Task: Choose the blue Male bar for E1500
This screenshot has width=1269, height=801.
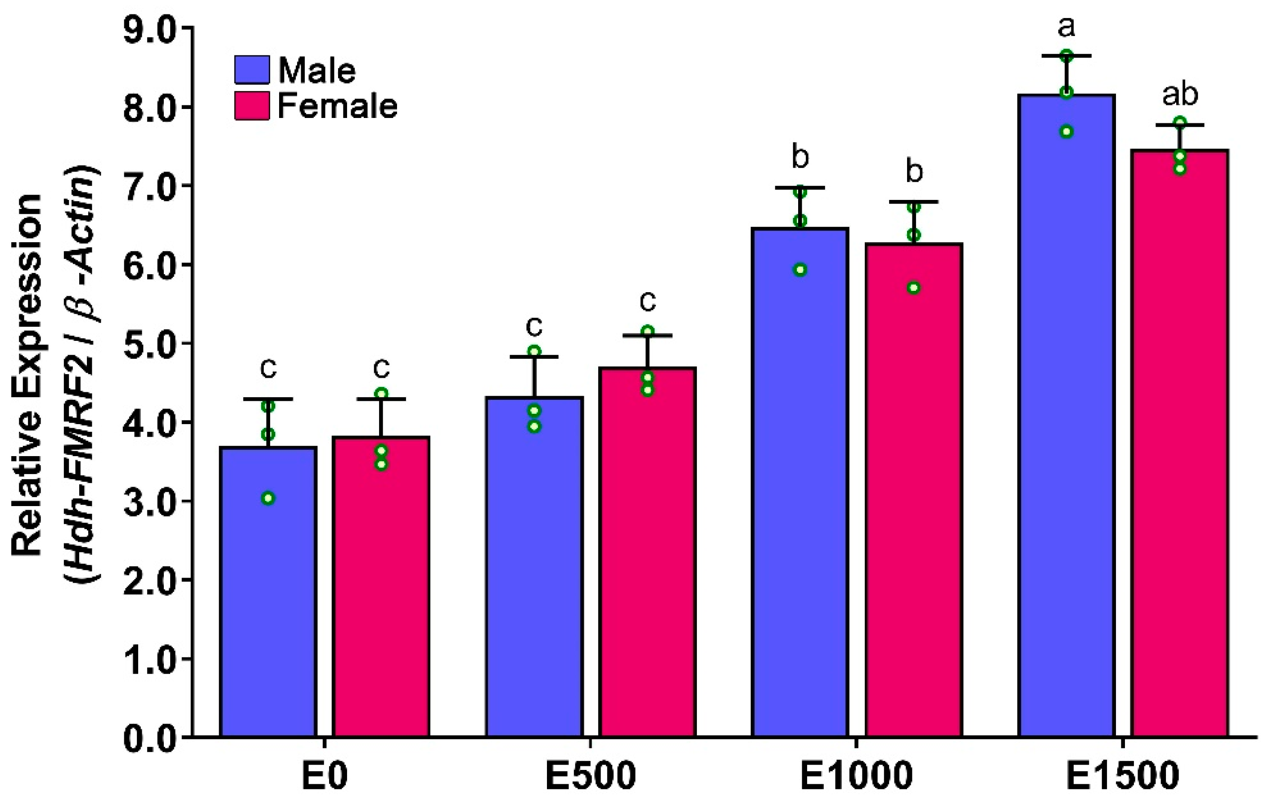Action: (1066, 421)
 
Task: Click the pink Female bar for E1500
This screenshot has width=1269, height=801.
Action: (1180, 448)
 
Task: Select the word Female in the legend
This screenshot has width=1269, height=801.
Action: (337, 106)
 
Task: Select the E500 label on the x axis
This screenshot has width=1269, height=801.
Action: (590, 776)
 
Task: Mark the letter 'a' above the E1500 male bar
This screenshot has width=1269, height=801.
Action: (1066, 28)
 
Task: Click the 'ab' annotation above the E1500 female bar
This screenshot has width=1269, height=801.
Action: (1180, 95)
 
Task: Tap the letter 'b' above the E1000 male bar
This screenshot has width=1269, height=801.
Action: (800, 157)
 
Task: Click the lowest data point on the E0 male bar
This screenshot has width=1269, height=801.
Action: (268, 498)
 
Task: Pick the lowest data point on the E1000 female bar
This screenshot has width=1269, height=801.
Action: (914, 288)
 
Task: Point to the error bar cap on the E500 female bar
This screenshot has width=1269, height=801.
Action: (648, 335)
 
